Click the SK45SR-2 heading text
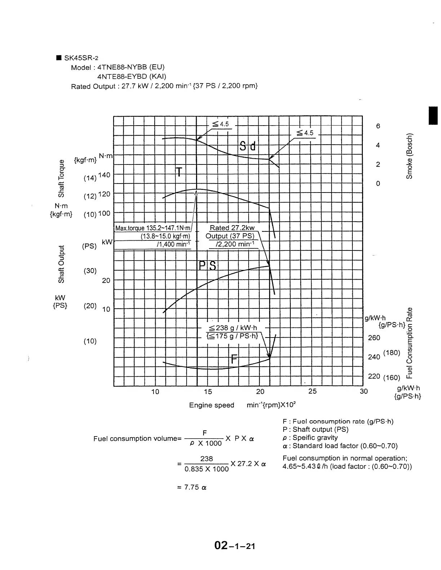81,58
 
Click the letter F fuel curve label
234,359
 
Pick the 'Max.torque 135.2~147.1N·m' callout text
153,228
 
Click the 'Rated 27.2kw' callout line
232,228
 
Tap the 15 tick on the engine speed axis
208,392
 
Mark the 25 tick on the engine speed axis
312,392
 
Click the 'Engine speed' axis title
211,405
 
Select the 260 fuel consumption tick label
374,338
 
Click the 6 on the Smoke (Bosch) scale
378,126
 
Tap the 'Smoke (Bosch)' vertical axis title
409,156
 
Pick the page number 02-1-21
235,546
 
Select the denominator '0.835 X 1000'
206,469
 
